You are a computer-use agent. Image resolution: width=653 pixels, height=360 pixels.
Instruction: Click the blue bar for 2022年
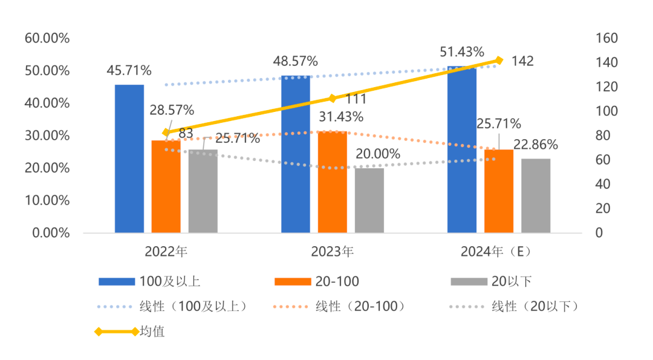pyautogui.click(x=129, y=159)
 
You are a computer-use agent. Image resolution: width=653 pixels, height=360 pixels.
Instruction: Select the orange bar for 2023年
pyautogui.click(x=333, y=182)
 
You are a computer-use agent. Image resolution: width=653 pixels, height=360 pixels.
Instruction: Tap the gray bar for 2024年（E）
pyautogui.click(x=536, y=195)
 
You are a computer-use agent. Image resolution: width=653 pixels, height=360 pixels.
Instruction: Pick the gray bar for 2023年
pyautogui.click(x=369, y=200)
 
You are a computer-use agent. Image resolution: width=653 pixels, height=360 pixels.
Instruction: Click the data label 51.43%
pyautogui.click(x=462, y=51)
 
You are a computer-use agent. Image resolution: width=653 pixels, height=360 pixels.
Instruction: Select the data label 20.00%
pyautogui.click(x=377, y=154)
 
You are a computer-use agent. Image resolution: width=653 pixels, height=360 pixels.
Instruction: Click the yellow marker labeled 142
pyautogui.click(x=499, y=61)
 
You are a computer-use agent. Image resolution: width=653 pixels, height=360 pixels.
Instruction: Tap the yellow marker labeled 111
pyautogui.click(x=332, y=98)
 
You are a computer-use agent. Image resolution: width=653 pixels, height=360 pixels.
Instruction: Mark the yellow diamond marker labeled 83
pyautogui.click(x=166, y=133)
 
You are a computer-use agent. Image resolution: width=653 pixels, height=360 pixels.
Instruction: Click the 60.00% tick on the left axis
pyautogui.click(x=47, y=38)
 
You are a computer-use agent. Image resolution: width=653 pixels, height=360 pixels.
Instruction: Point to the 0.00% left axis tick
pyautogui.click(x=50, y=233)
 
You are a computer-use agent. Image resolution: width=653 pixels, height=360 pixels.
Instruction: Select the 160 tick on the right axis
pyautogui.click(x=606, y=38)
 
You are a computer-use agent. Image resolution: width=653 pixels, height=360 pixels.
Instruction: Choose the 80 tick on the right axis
pyautogui.click(x=603, y=136)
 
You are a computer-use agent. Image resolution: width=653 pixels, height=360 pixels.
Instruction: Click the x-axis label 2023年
pyautogui.click(x=332, y=250)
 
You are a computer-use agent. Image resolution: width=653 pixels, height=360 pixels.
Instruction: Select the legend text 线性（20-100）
pyautogui.click(x=360, y=306)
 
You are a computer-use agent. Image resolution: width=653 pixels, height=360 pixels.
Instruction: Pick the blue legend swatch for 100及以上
pyautogui.click(x=116, y=281)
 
